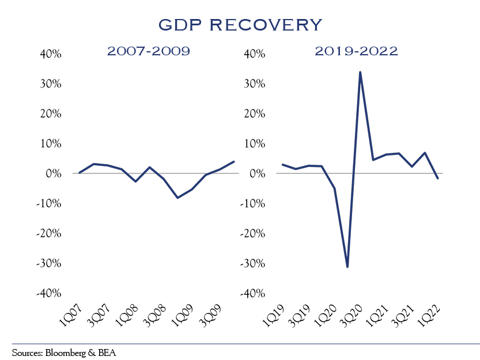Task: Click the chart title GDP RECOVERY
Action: (x=240, y=25)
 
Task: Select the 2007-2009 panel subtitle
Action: (x=148, y=51)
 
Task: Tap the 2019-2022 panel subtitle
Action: (x=356, y=51)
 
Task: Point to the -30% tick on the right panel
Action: (x=252, y=263)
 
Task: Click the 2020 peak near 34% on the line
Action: (x=360, y=72)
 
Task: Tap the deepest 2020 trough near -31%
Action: (x=347, y=267)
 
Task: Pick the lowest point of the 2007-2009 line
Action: (x=177, y=198)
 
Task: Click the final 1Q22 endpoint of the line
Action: (x=438, y=179)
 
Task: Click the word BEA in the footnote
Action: (x=107, y=351)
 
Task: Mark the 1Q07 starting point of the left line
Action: (x=79, y=173)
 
